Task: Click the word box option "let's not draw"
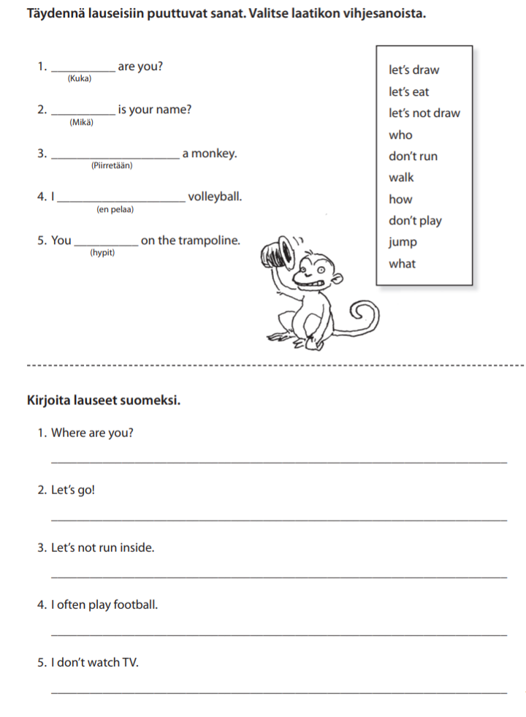pos(424,113)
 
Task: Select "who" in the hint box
pos(400,134)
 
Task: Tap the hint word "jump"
pos(403,242)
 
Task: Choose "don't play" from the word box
pos(415,221)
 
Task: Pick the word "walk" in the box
pos(401,178)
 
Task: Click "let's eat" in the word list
pos(409,92)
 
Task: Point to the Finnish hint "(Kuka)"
pos(80,78)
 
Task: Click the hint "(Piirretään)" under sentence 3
pos(112,166)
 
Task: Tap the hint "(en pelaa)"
pos(115,210)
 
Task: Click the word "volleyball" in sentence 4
pos(214,197)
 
